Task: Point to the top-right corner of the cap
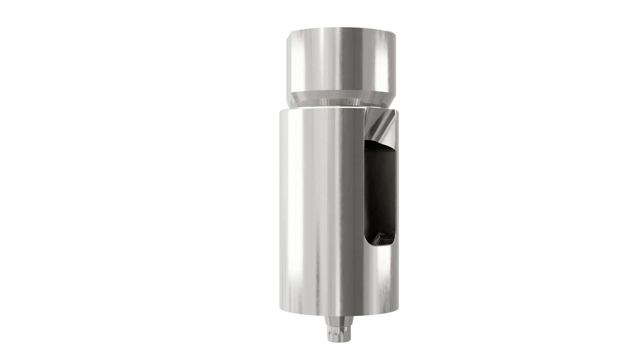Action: point(395,32)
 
